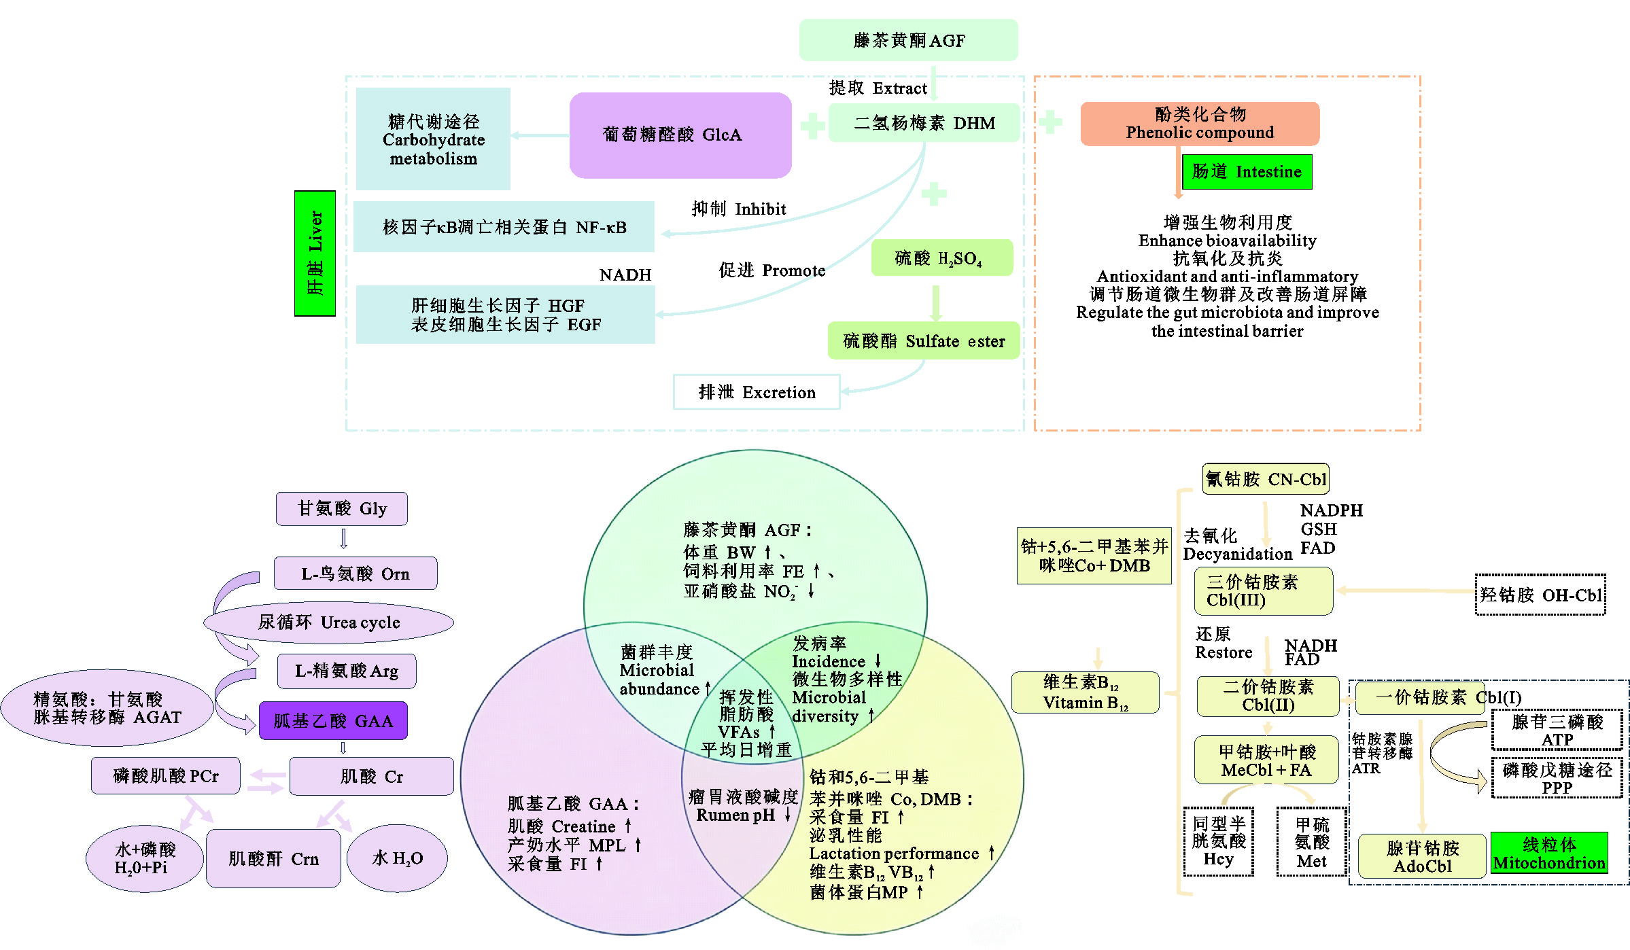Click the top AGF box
908,41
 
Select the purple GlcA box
680,135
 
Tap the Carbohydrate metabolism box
433,139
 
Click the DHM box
924,123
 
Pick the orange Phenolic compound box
1200,124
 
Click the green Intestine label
1247,172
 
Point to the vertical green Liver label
315,253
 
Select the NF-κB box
504,227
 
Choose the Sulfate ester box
923,341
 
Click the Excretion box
757,392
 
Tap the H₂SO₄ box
941,258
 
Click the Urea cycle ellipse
329,622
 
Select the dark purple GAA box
333,721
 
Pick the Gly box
342,509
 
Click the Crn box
273,859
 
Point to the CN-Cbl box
1265,479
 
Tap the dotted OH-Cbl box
1540,595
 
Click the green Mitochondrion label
1549,854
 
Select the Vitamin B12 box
1085,692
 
